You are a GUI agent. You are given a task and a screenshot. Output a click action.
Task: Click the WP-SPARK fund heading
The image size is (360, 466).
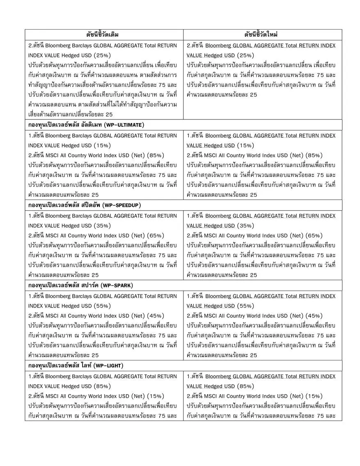(81, 285)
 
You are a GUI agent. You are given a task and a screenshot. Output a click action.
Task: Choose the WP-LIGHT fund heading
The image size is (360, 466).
(76, 365)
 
